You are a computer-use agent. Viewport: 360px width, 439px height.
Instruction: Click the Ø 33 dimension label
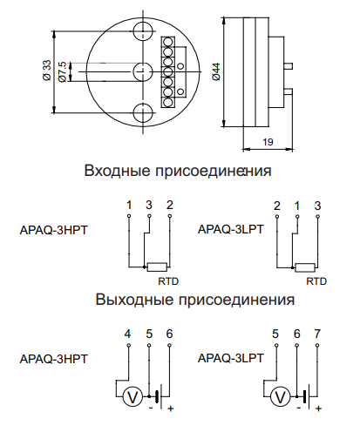(x=47, y=71)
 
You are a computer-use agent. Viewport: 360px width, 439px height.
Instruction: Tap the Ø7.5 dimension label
(x=63, y=71)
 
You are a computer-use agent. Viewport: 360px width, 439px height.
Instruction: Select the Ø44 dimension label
(x=216, y=71)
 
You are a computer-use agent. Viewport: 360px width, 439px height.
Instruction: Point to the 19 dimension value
(x=268, y=142)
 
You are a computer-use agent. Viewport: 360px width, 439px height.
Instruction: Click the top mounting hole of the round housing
(x=143, y=30)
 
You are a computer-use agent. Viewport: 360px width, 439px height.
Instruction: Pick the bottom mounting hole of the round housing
(x=143, y=112)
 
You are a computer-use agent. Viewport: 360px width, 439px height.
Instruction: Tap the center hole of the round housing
(x=143, y=71)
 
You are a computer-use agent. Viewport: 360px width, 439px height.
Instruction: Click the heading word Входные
(x=118, y=171)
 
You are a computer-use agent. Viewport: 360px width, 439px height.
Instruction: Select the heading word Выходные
(x=134, y=300)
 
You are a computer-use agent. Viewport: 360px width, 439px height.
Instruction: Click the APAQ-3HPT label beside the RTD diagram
(x=53, y=230)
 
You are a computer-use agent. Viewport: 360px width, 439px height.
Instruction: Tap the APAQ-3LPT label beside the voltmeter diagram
(x=231, y=358)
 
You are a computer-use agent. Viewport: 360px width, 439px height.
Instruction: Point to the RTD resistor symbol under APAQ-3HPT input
(x=157, y=267)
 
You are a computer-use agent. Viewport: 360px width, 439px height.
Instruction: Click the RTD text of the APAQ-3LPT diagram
(x=316, y=281)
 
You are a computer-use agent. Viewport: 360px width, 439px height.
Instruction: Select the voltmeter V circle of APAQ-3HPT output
(x=132, y=397)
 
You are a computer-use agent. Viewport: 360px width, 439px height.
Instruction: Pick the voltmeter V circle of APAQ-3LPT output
(x=281, y=397)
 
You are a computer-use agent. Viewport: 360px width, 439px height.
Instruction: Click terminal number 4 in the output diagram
(x=127, y=334)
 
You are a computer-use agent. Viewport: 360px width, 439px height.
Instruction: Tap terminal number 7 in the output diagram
(x=317, y=334)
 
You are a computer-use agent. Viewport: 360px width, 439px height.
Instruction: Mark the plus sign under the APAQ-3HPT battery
(x=171, y=409)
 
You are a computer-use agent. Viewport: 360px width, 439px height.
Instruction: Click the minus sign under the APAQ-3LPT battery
(x=298, y=408)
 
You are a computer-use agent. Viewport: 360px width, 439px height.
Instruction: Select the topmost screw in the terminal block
(x=167, y=42)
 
